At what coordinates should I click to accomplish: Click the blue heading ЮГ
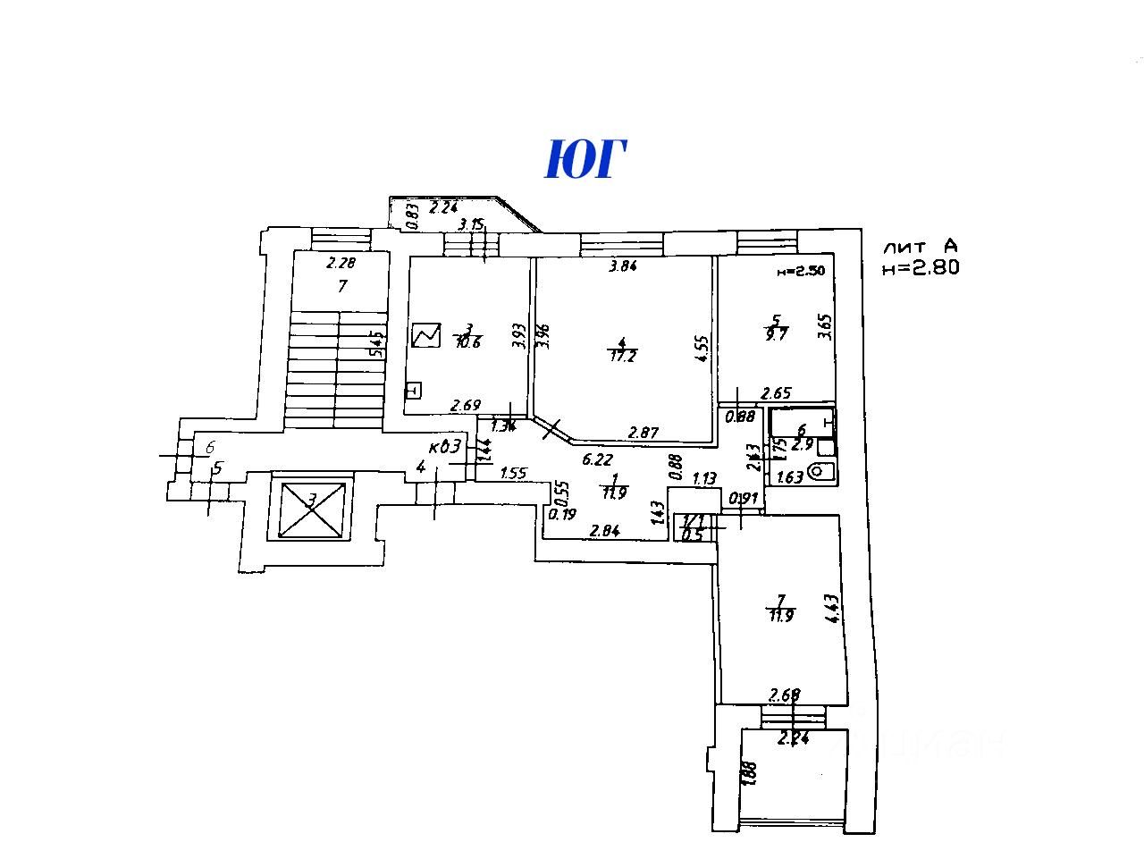pos(585,160)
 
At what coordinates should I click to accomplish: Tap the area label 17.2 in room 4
pos(622,356)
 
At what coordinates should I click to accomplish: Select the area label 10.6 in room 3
pos(468,341)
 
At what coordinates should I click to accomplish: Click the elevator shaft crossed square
pos(311,510)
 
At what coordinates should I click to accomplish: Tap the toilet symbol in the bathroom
pos(821,472)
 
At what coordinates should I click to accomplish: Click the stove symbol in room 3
pos(426,335)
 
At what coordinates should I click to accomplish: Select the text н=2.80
pos(921,266)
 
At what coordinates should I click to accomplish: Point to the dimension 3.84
pos(623,265)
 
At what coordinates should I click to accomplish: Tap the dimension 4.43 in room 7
pos(833,610)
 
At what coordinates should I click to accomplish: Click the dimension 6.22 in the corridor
pos(597,460)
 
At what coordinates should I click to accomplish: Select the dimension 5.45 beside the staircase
pos(378,343)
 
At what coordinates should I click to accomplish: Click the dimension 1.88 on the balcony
pos(750,774)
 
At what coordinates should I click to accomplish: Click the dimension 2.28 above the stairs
pos(341,263)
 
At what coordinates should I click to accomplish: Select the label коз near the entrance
pos(445,446)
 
